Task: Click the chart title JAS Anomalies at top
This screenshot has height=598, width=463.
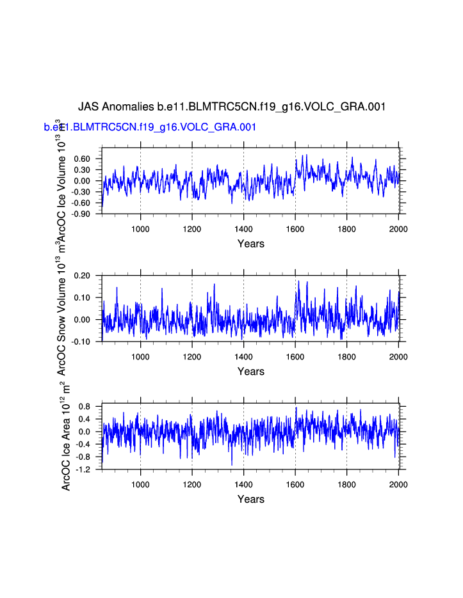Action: [232, 106]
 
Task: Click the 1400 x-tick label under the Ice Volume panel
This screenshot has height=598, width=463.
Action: [243, 228]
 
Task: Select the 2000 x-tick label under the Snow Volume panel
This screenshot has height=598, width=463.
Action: [398, 356]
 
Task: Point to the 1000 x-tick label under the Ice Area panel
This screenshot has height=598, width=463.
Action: [140, 484]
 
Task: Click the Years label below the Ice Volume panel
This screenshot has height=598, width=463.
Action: [250, 244]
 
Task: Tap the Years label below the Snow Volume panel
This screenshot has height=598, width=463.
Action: [250, 372]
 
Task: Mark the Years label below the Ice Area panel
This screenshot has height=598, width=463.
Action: [250, 500]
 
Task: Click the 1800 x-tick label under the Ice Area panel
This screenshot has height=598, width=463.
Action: [346, 484]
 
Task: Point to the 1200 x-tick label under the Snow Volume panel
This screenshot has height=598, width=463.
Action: [192, 356]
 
